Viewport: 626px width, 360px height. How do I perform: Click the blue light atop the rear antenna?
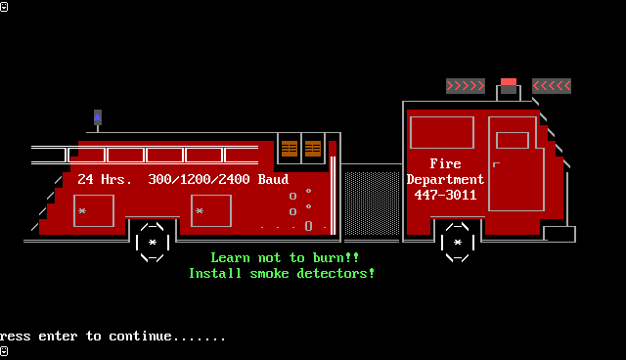[x=98, y=117]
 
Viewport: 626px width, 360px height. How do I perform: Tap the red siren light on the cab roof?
[x=509, y=82]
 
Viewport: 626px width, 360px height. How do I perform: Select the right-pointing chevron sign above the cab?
[x=466, y=86]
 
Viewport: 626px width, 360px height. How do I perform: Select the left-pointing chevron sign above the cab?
[x=552, y=86]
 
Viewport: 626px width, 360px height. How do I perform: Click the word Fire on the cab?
[x=446, y=163]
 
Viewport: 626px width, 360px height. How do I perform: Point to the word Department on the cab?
[x=446, y=180]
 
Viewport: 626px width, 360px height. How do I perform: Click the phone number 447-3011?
[x=446, y=196]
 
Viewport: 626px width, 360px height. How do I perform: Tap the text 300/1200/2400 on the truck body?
[x=200, y=179]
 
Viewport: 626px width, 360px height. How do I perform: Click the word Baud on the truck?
[x=274, y=179]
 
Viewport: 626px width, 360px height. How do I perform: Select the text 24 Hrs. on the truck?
[x=105, y=179]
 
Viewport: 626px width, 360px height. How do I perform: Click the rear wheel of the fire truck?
[x=153, y=243]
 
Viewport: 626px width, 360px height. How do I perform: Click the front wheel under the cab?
[x=458, y=243]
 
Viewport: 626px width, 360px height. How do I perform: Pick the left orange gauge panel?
[x=290, y=149]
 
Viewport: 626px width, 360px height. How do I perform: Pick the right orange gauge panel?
[x=313, y=149]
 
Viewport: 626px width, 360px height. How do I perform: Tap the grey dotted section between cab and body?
[x=372, y=203]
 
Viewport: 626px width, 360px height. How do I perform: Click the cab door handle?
[x=496, y=164]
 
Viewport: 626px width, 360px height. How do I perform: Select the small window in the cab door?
[x=513, y=141]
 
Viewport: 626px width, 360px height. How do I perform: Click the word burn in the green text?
[x=329, y=257]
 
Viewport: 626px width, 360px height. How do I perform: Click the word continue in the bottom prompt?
[x=141, y=337]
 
